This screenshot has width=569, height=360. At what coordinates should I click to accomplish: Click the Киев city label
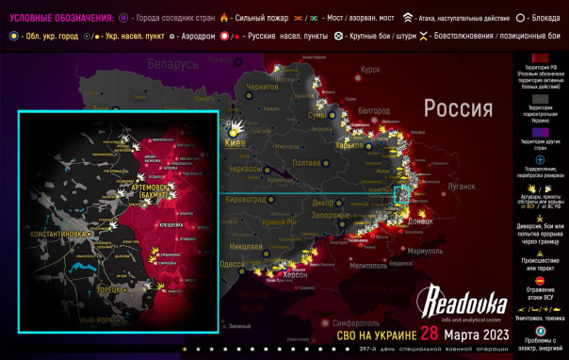(236, 143)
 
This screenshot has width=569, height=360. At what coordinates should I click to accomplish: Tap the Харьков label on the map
(350, 145)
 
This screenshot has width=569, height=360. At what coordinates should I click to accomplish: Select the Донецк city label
(419, 222)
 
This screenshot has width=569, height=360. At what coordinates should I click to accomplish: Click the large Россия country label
(458, 107)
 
